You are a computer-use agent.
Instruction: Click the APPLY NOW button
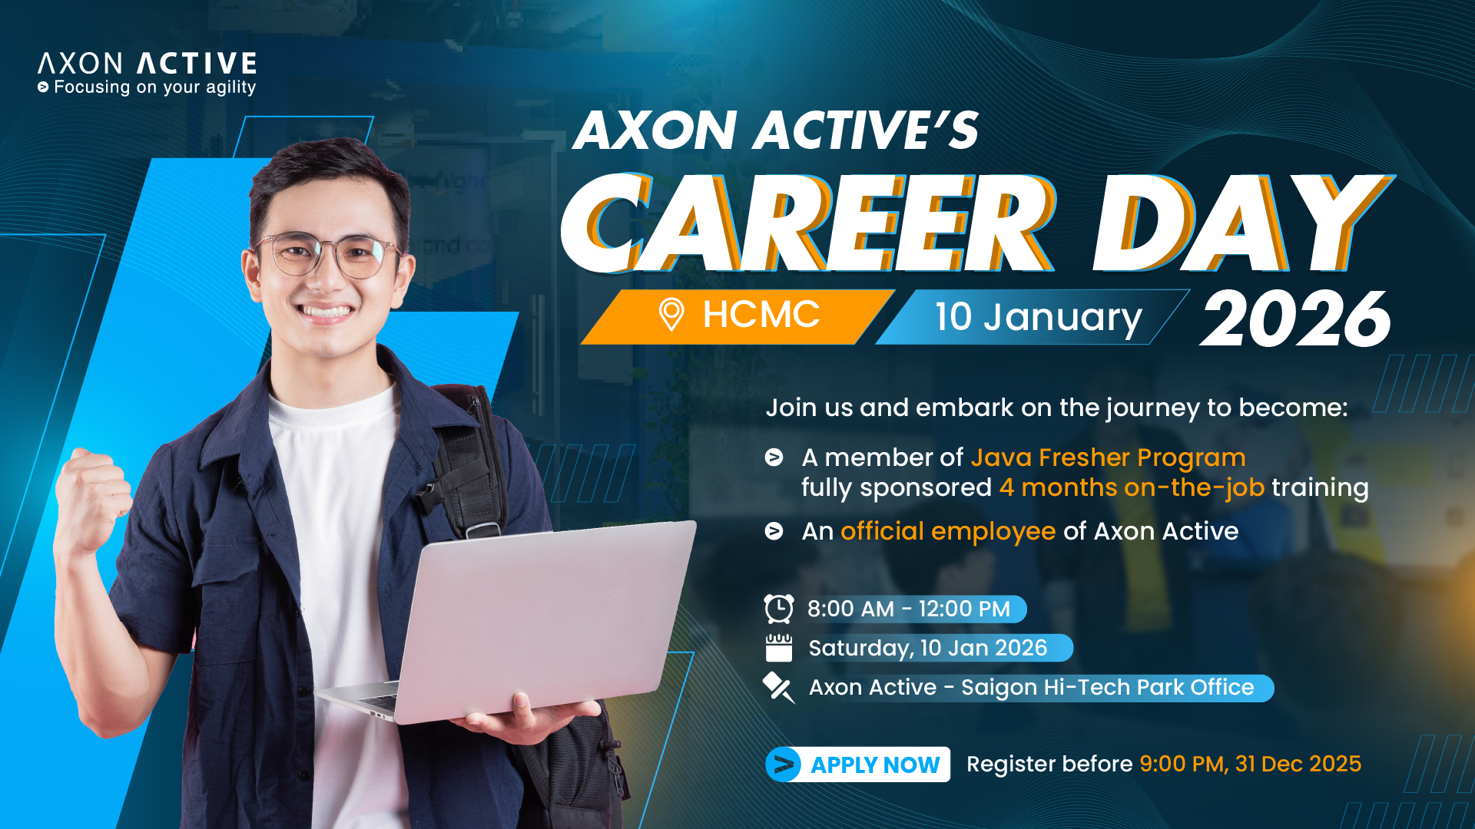[x=858, y=765]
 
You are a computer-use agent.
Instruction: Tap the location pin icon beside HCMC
[x=671, y=315]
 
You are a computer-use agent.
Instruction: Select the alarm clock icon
[x=779, y=609]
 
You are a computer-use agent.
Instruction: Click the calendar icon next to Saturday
[x=779, y=648]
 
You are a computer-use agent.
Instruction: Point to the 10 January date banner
[x=1033, y=317]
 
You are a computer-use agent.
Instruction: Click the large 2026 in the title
[x=1296, y=319]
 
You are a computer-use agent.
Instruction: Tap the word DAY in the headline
[x=1243, y=223]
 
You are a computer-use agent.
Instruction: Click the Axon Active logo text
[x=147, y=63]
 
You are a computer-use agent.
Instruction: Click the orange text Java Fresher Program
[x=1108, y=457]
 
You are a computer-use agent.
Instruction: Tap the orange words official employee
[x=948, y=531]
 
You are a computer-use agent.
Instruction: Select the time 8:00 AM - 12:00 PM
[x=909, y=609]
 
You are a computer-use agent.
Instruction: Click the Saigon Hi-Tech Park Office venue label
[x=1031, y=687]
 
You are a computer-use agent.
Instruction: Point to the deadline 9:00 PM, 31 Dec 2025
[x=1250, y=764]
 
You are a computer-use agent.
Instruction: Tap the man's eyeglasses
[x=329, y=255]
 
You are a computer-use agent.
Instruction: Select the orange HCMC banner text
[x=761, y=315]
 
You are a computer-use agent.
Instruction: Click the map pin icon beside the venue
[x=778, y=687]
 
